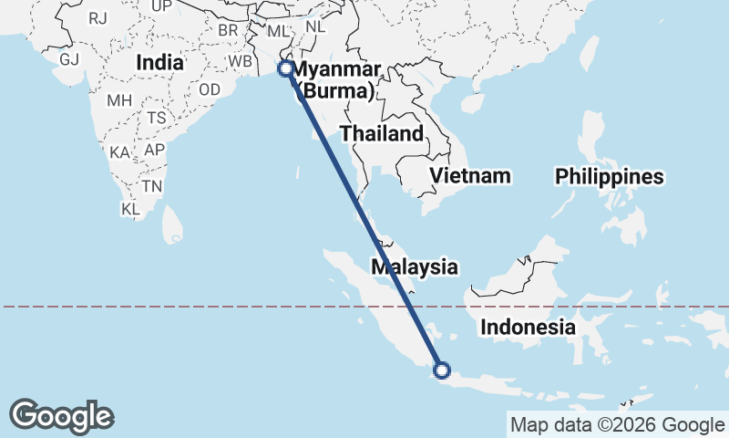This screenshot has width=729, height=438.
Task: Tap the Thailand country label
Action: click(x=382, y=134)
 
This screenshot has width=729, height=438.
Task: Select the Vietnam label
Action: click(x=470, y=175)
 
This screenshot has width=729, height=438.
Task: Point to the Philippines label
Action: click(x=610, y=177)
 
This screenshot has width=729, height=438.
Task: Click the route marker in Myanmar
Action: click(x=285, y=68)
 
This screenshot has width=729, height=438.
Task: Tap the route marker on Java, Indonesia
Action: click(x=442, y=370)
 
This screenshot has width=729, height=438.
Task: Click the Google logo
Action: click(x=61, y=416)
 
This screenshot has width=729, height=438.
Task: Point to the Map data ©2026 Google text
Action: click(x=616, y=424)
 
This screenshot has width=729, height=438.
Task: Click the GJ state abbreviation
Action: click(x=69, y=59)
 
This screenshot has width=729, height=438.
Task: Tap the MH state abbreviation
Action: click(x=119, y=100)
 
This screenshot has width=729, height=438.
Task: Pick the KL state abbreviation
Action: click(x=130, y=209)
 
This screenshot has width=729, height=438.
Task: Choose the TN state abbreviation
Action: click(x=152, y=186)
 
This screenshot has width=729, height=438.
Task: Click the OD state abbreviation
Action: click(x=210, y=89)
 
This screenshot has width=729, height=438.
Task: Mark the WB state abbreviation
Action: click(x=240, y=61)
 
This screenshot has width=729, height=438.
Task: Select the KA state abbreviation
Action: click(x=119, y=152)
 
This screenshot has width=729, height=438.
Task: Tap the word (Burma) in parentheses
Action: click(x=337, y=91)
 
